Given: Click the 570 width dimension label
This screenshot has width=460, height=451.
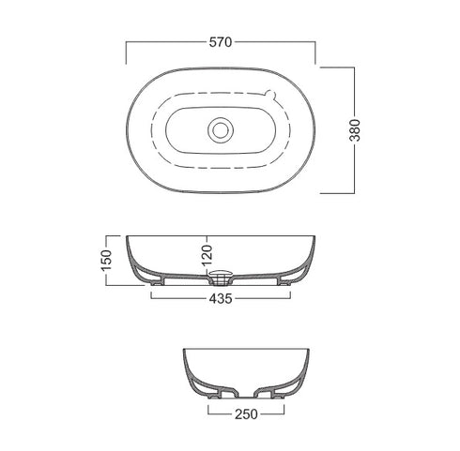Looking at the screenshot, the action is (221, 42).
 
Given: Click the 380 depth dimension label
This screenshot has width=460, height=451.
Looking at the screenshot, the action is (355, 130).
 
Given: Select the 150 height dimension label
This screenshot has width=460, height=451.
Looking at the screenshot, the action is (107, 260).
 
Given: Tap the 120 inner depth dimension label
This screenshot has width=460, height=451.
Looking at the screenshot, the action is (207, 256).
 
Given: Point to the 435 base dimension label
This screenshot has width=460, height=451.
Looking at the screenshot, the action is (221, 299).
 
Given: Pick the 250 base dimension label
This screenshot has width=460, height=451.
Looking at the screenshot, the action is (246, 414).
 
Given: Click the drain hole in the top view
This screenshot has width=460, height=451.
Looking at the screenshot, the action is (221, 130).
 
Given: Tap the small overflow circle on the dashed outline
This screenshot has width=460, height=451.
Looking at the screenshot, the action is (269, 94).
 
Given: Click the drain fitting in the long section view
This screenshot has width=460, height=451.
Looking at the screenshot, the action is (221, 278).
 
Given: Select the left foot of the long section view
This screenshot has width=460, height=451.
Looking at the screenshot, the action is (157, 283).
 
